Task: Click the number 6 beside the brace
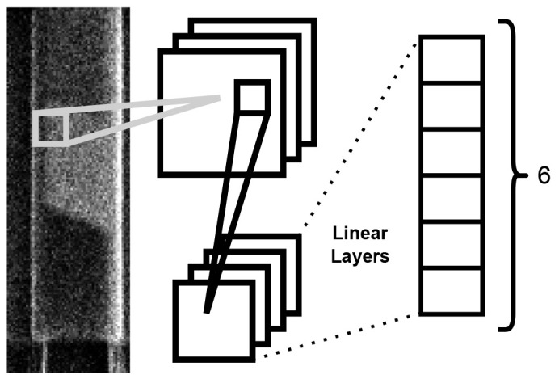pyautogui.click(x=544, y=176)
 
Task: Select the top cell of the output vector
pyautogui.click(x=451, y=59)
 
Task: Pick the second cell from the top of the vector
pyautogui.click(x=451, y=105)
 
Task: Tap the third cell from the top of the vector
pyautogui.click(x=451, y=151)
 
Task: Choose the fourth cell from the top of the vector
pyautogui.click(x=451, y=197)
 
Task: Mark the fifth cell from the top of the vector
pyautogui.click(x=451, y=243)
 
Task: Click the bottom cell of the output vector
pyautogui.click(x=451, y=290)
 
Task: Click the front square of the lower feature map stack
pyautogui.click(x=212, y=318)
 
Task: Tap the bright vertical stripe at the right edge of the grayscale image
pyautogui.click(x=123, y=162)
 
